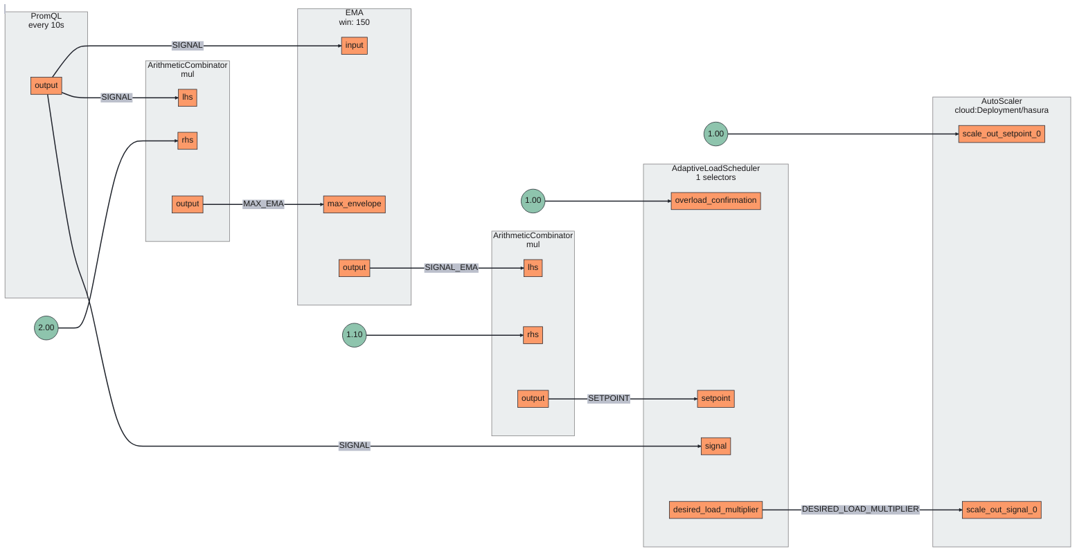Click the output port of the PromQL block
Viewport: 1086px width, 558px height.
coord(46,86)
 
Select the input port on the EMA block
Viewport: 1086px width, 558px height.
coord(354,46)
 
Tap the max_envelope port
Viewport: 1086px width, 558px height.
coord(354,204)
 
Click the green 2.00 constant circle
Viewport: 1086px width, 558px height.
coord(46,327)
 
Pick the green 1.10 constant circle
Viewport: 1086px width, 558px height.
coord(354,335)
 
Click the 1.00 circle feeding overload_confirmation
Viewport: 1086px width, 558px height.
coord(533,201)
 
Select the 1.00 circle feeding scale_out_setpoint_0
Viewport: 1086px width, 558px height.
coord(715,134)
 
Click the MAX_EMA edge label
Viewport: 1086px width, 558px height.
coord(263,204)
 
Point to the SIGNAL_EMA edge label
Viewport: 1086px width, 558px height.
coord(451,268)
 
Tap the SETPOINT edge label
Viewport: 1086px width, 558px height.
coord(609,399)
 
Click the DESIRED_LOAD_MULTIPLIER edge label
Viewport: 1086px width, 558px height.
coord(860,510)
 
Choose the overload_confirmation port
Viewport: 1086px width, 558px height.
coord(715,201)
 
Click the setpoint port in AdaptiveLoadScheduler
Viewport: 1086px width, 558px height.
coord(715,399)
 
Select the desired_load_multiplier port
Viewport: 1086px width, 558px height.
coord(715,510)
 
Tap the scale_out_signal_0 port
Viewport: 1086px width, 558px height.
coord(1002,510)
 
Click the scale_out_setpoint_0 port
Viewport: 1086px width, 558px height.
coord(1002,134)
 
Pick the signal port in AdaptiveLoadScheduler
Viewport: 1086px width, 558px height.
coord(715,447)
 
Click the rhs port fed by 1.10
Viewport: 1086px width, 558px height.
coord(533,335)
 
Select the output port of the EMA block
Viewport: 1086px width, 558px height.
coord(354,268)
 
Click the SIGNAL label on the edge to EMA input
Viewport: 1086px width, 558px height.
coord(187,46)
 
